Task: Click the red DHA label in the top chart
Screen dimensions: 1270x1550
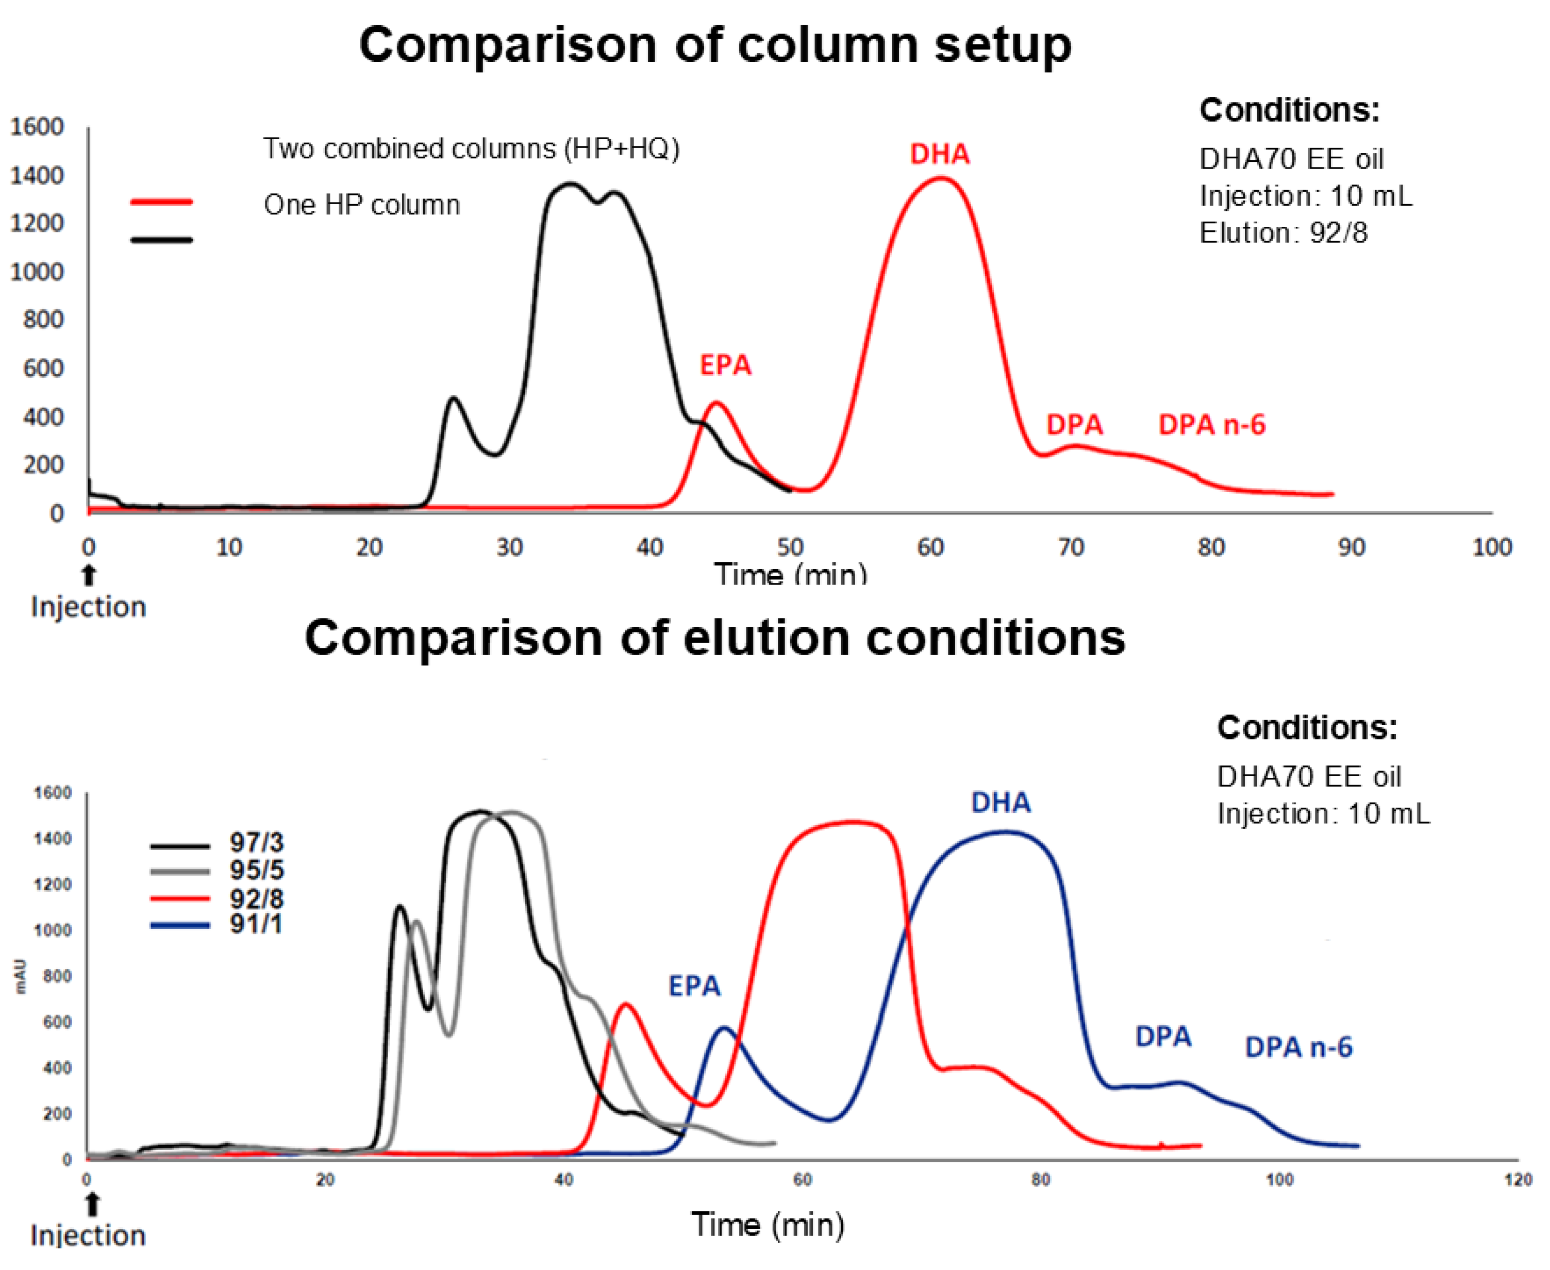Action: pyautogui.click(x=939, y=154)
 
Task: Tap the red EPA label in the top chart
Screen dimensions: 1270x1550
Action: pyautogui.click(x=725, y=365)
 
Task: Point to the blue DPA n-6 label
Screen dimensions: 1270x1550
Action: pyautogui.click(x=1298, y=1048)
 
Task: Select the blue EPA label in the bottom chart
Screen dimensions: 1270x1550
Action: pyautogui.click(x=694, y=986)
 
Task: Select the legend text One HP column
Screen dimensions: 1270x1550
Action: pyautogui.click(x=362, y=205)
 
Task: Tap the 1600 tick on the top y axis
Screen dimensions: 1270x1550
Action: pyautogui.click(x=37, y=127)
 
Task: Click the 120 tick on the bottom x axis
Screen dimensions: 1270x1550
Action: pyautogui.click(x=1518, y=1180)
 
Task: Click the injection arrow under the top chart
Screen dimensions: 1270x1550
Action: pyautogui.click(x=89, y=575)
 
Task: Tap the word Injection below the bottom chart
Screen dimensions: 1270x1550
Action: pyautogui.click(x=88, y=1235)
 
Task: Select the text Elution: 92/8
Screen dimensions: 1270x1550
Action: pyautogui.click(x=1283, y=232)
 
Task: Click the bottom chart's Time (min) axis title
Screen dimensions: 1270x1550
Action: pyautogui.click(x=768, y=1225)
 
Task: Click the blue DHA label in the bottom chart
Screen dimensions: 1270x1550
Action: pyautogui.click(x=1001, y=803)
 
